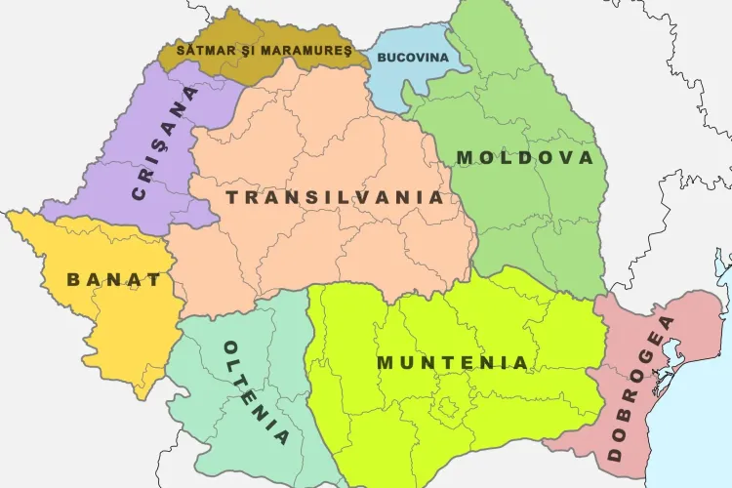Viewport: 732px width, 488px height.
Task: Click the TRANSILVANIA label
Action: [335, 197]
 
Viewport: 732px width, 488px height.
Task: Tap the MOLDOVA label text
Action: [524, 157]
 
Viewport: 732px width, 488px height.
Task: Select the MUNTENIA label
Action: [453, 363]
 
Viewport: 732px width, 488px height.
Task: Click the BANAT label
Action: [114, 280]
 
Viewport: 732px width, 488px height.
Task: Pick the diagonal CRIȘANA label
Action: [164, 143]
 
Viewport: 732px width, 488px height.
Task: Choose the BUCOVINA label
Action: [412, 58]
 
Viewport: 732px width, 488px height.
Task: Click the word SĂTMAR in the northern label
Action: [202, 48]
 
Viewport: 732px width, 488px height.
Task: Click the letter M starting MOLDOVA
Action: [465, 157]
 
